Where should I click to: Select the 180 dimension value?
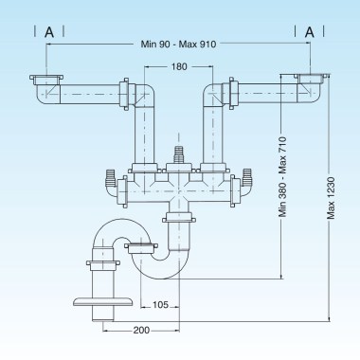[177, 67]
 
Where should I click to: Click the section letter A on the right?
[309, 30]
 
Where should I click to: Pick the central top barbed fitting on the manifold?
[177, 153]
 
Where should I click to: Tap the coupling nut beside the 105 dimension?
[138, 249]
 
